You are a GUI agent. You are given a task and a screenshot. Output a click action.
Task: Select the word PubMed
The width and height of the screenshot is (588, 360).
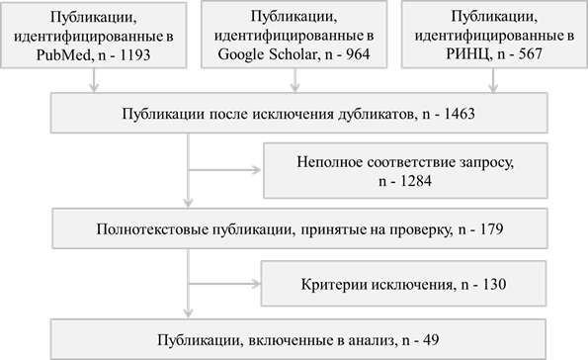64,55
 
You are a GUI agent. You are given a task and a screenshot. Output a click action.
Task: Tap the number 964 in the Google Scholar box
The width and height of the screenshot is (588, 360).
358,54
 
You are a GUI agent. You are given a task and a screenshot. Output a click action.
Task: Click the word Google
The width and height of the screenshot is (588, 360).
241,54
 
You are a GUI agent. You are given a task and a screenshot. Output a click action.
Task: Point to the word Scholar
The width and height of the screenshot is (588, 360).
294,54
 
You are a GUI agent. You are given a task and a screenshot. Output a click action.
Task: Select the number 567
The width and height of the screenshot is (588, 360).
531,54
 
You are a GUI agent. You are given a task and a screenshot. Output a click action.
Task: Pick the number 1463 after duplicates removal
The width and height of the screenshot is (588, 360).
459,114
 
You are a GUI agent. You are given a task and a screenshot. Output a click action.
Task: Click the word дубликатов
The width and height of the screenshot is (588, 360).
378,114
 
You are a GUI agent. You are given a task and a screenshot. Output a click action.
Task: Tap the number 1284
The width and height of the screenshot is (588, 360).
416,181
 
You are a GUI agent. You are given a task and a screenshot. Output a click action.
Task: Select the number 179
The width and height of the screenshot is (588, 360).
491,229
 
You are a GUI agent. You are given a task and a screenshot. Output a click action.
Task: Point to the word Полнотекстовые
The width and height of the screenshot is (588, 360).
152,229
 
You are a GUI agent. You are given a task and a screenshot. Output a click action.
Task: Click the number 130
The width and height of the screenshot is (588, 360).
494,284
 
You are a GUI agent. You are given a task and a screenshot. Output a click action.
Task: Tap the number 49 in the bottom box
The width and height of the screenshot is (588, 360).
431,340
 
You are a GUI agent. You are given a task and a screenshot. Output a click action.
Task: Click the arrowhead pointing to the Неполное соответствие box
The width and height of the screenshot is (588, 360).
257,170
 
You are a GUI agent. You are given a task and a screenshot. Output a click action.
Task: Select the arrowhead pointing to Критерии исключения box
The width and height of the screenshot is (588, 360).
257,284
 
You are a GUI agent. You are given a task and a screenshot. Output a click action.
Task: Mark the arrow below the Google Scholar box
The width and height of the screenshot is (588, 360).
295,80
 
